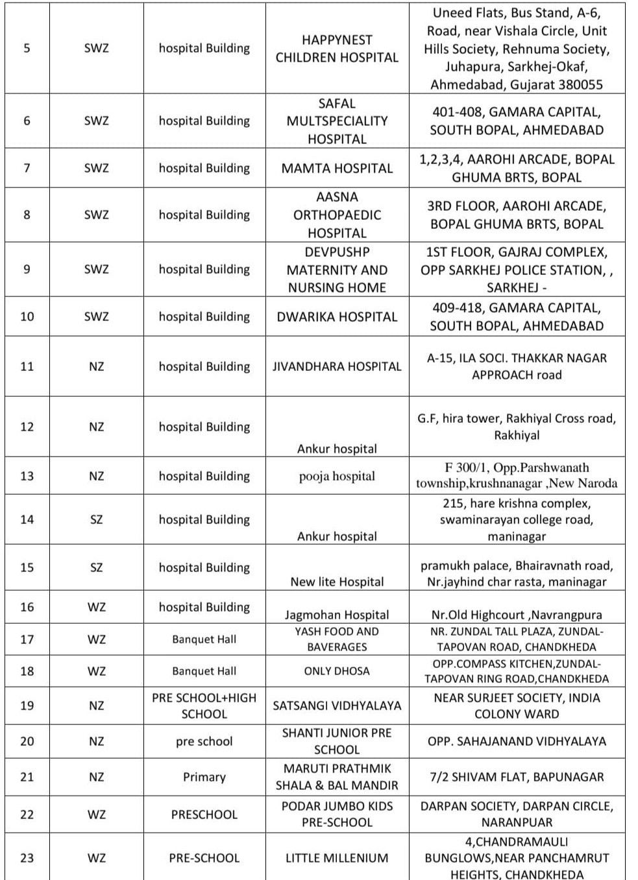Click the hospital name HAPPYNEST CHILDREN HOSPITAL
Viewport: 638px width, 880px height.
click(x=337, y=49)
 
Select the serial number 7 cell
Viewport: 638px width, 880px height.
click(x=27, y=168)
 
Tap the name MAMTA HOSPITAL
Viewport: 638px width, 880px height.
click(x=337, y=169)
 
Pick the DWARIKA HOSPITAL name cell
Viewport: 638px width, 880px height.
click(x=337, y=317)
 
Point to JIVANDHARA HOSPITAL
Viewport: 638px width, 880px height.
click(x=337, y=366)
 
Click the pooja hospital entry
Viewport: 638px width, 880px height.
click(x=337, y=476)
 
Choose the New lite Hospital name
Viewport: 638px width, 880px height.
click(x=337, y=582)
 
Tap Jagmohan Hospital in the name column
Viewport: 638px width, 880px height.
click(x=337, y=615)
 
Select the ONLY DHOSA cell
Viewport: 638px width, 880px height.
click(x=337, y=671)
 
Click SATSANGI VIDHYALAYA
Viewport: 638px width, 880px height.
click(x=337, y=706)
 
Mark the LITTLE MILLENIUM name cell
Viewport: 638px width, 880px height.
click(x=337, y=858)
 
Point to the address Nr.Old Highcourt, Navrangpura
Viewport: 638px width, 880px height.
click(x=517, y=615)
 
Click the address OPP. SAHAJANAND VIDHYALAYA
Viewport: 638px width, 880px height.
click(x=517, y=741)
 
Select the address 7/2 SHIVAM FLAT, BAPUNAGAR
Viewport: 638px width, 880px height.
click(x=517, y=777)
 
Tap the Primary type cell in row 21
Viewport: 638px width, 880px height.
click(x=204, y=777)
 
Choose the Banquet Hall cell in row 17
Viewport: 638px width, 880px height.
click(x=204, y=639)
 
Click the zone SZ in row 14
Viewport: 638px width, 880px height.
click(x=96, y=519)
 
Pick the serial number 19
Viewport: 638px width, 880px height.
click(x=27, y=706)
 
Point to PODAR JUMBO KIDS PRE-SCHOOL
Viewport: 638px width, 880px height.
click(x=337, y=814)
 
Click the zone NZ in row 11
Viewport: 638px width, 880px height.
click(x=96, y=366)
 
